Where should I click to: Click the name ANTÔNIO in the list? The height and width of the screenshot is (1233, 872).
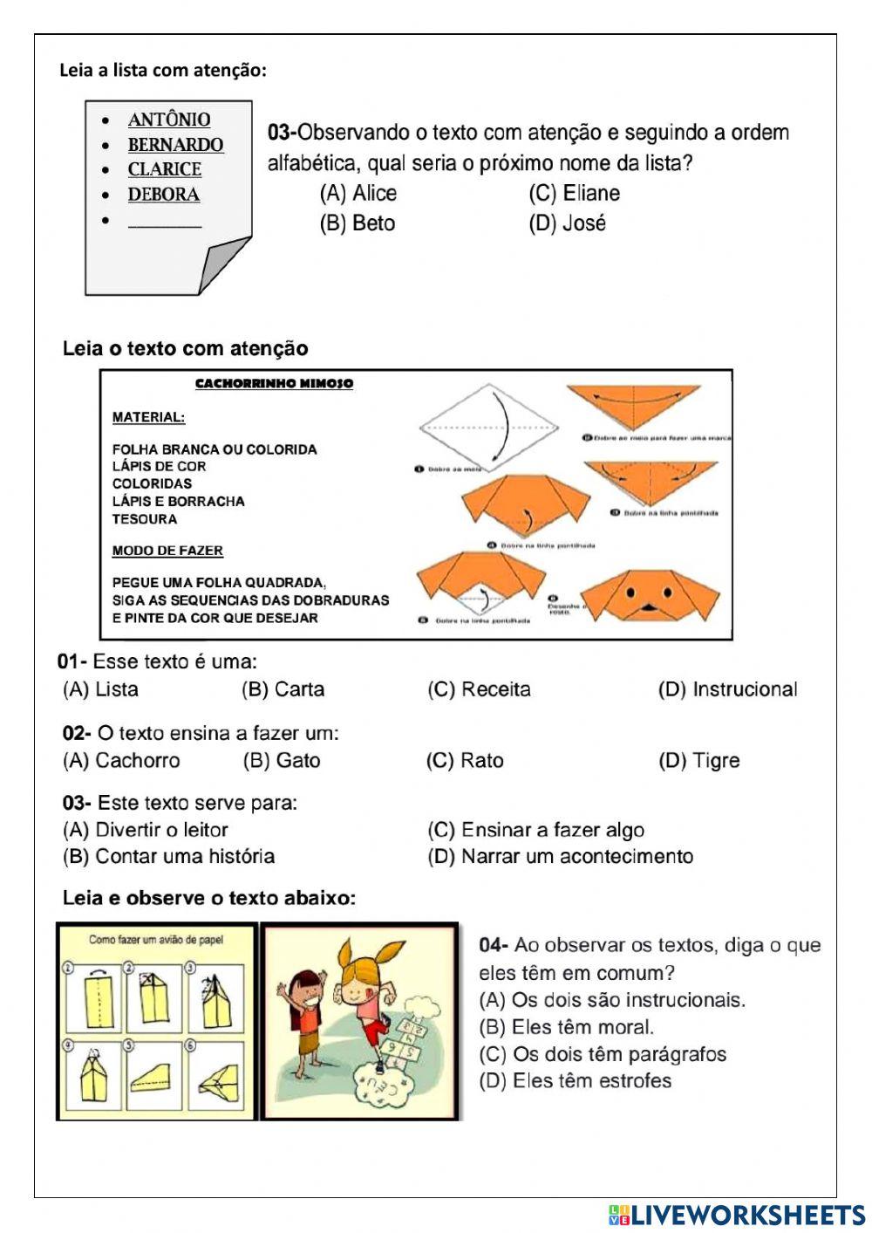(169, 120)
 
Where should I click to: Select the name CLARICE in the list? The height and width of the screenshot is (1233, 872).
(165, 169)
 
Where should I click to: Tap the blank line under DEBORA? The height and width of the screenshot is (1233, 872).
(165, 223)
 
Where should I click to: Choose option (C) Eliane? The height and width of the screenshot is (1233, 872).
(575, 193)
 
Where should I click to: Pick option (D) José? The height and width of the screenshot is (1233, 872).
(567, 223)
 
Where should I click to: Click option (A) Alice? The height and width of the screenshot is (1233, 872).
(358, 193)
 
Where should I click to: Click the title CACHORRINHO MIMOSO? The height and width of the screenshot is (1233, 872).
(274, 384)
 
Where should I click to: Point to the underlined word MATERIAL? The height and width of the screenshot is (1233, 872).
(148, 417)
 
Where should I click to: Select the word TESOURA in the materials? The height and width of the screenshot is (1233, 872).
(145, 519)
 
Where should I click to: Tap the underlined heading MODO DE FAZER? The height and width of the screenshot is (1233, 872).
(167, 551)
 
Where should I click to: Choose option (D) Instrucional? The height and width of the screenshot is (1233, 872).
(728, 689)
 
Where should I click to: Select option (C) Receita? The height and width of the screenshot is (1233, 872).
(479, 689)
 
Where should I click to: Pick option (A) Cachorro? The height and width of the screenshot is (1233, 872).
(121, 760)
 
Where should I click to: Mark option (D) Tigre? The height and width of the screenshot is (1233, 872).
(699, 760)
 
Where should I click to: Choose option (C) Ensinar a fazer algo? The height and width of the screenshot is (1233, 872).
(536, 830)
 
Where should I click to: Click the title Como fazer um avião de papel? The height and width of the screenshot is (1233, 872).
(156, 940)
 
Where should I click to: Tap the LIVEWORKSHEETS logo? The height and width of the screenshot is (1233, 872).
(737, 1215)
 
